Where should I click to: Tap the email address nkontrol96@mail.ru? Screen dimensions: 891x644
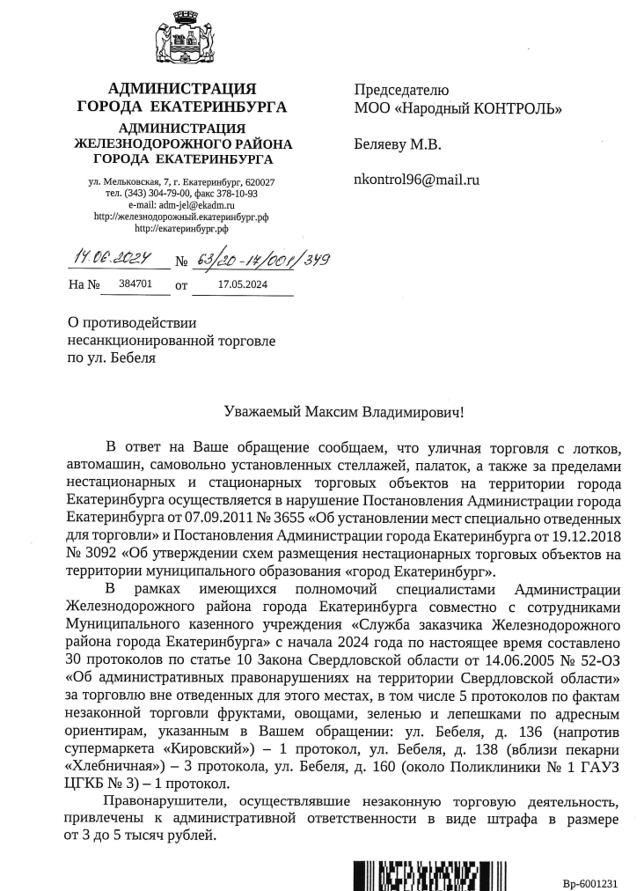coord(416,179)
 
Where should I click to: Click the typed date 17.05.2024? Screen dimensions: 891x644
coord(243,285)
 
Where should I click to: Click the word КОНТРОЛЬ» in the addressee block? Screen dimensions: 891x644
coord(514,108)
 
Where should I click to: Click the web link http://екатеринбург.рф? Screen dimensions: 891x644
coord(180,227)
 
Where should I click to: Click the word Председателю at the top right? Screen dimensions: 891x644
coord(401,90)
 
